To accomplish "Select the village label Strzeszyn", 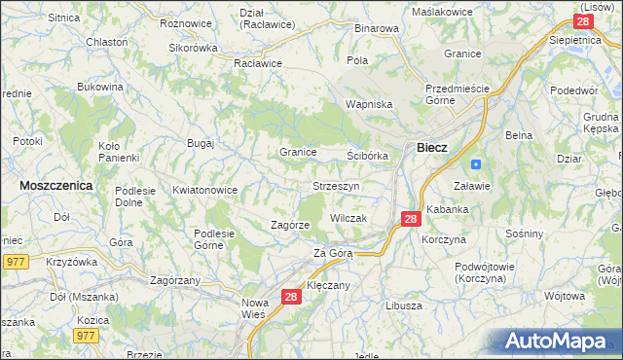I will coord(337,185).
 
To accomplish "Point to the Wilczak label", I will coord(348,218).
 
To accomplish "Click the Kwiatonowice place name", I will coord(204,191).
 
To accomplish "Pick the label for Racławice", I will coord(257,63).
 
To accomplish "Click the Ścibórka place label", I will coord(368,156).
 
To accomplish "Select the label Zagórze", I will coord(290,225).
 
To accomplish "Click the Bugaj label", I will coord(201,143).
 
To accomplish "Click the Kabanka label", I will coord(447,208).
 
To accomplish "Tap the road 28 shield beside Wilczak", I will coord(411,220).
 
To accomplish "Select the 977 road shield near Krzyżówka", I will coord(15,261).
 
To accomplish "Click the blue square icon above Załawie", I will coord(475,163).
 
